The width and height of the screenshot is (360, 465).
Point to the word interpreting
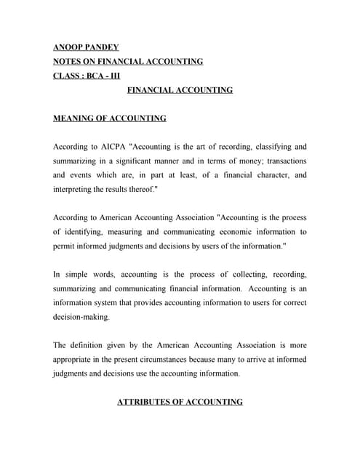point(75,189)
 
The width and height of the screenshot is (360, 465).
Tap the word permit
point(65,246)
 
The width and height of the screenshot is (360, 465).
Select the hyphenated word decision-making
point(81,318)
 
